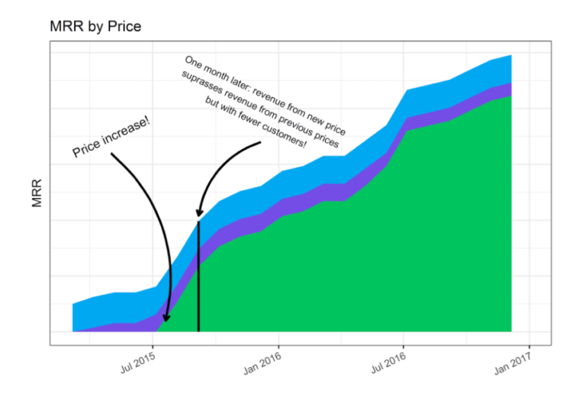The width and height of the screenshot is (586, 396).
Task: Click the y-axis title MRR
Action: coord(36,193)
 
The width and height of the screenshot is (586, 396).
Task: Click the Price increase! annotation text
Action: coord(111,138)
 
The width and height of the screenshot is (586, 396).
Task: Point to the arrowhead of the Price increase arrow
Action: coord(166,318)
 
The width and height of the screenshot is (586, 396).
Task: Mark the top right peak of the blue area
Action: coord(510,56)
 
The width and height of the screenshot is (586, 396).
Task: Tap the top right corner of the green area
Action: coord(510,96)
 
